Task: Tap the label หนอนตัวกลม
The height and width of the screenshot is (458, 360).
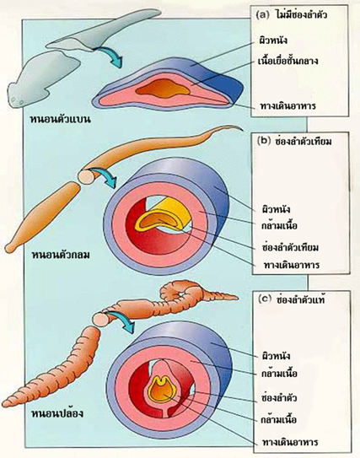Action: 60,255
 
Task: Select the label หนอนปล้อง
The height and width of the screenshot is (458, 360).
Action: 57,413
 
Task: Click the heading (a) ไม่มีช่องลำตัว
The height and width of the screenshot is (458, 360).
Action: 292,14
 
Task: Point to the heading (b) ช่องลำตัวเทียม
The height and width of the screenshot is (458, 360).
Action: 294,142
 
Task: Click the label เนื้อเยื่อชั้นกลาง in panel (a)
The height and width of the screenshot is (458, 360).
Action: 287,61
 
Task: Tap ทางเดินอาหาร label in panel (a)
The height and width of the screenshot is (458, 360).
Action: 287,105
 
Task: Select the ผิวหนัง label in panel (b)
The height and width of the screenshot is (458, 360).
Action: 277,210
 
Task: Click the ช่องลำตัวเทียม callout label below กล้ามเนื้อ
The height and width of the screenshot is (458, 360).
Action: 290,248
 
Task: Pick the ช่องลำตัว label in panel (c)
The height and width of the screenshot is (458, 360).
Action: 279,398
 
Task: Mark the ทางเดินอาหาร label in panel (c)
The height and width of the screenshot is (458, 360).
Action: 290,442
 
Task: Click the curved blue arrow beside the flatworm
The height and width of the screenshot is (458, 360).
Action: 110,56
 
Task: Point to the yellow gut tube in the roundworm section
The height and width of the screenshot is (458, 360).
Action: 160,217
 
